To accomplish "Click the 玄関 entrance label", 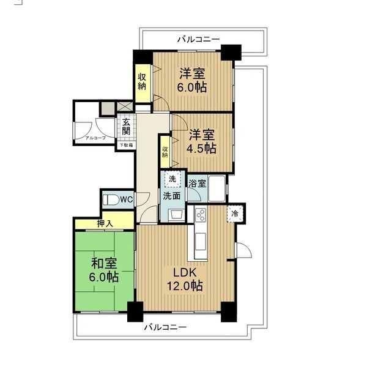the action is [126, 127].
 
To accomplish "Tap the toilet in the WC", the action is [111, 200].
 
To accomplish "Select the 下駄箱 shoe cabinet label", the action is [127, 145].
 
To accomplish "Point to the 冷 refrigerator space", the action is [235, 213].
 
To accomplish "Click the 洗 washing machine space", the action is [172, 179].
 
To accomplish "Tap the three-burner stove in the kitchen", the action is [201, 215].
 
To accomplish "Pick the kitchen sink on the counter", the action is [201, 242].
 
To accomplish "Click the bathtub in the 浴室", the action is [217, 188].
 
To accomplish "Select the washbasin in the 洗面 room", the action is [177, 215].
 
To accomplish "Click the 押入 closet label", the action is [105, 224].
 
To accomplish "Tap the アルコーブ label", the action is [95, 138].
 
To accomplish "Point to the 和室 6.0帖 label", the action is [104, 270].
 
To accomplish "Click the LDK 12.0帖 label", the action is [185, 279].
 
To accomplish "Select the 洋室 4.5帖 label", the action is [201, 141].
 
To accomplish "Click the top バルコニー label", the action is [198, 39].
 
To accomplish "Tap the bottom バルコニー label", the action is [165, 327].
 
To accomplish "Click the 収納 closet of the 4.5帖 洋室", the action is [165, 152].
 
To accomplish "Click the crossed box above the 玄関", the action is [124, 106].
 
